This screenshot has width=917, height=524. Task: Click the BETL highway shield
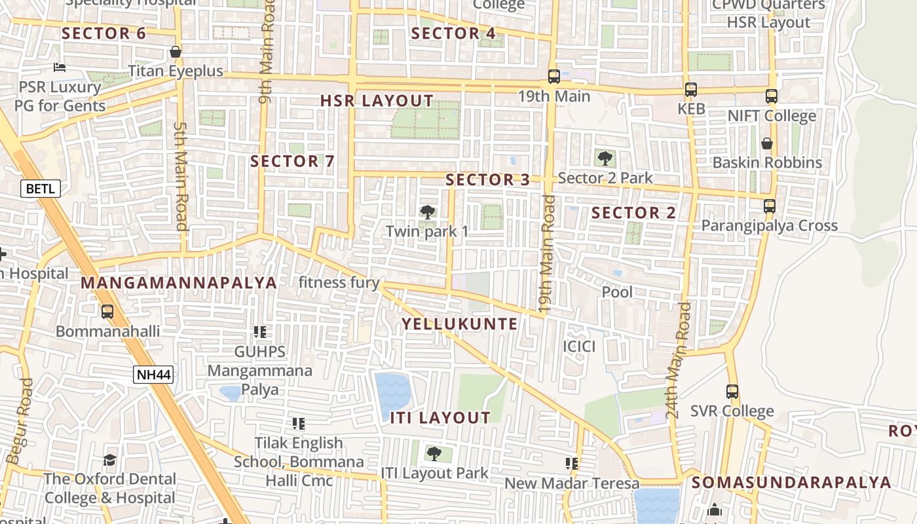point(41,189)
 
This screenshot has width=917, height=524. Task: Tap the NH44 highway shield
point(153,375)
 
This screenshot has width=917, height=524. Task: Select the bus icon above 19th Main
point(553,77)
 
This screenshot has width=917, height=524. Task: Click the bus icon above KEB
point(690,90)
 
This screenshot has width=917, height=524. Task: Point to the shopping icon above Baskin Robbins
point(766,143)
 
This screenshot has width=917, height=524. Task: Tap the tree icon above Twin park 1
point(427,212)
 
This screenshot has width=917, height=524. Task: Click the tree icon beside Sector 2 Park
point(605,158)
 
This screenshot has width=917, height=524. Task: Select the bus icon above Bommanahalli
point(107,312)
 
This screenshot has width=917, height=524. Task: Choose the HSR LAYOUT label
point(377,101)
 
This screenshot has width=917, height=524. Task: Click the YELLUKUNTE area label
point(459,324)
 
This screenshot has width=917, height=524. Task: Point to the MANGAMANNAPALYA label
point(179,283)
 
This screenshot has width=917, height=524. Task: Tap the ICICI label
point(580,346)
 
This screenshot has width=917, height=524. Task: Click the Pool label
point(617,291)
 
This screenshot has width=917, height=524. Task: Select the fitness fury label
point(339,282)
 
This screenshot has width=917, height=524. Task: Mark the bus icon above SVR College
point(732,392)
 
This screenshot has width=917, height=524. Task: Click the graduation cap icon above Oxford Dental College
point(109,460)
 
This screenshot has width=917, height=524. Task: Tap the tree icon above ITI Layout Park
point(434,453)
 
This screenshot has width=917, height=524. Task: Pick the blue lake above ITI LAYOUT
point(393,393)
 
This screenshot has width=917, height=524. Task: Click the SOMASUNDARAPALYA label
point(791,483)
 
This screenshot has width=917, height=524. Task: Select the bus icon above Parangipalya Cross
point(770,206)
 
